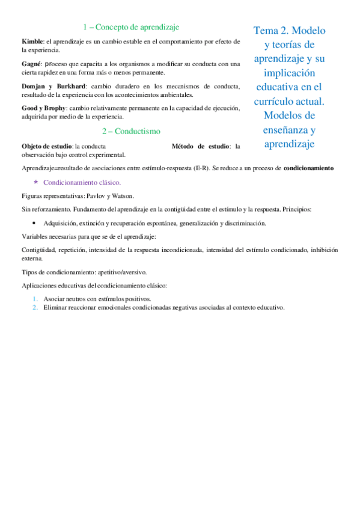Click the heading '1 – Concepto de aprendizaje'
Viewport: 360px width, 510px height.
coord(130,27)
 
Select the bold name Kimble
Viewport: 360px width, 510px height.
coord(32,41)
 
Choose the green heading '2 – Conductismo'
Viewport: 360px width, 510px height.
coord(130,131)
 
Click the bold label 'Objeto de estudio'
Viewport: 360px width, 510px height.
coord(46,146)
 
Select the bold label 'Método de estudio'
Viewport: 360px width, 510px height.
coord(196,146)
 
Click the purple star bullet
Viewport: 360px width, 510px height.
coord(36,182)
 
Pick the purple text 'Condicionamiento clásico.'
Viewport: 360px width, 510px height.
coord(82,182)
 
